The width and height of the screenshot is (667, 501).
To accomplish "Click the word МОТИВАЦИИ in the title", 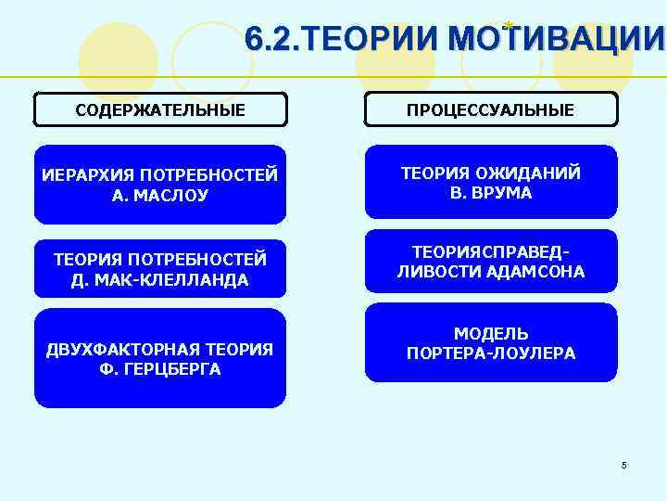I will (x=555, y=40).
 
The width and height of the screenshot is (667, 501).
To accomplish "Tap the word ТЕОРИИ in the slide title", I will (x=370, y=40).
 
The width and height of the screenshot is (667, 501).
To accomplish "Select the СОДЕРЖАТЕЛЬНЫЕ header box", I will (x=160, y=110).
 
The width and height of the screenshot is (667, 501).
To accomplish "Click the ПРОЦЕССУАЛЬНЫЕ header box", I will (x=490, y=110).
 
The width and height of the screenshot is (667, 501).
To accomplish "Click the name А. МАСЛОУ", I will (x=160, y=196).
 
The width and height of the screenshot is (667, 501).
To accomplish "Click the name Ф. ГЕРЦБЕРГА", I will (x=160, y=368).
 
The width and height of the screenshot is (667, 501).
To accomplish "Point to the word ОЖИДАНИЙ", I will (x=538, y=173).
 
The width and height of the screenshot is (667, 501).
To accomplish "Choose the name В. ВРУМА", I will (x=490, y=193).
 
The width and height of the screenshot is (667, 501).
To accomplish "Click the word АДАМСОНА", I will (x=540, y=272).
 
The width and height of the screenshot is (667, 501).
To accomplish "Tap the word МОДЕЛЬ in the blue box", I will (x=490, y=333).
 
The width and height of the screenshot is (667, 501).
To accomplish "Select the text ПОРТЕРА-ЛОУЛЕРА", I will (x=490, y=353).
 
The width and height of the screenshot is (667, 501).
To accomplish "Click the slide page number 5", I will (x=624, y=465).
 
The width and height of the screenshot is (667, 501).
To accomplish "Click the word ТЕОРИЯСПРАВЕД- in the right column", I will (x=490, y=252).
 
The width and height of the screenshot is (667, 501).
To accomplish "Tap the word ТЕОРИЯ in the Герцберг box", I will (x=239, y=349).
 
